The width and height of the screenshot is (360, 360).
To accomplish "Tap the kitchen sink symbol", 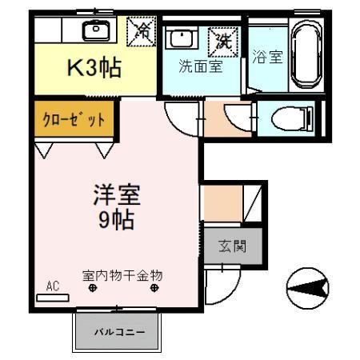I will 97,30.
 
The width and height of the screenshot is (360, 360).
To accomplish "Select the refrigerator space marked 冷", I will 144,31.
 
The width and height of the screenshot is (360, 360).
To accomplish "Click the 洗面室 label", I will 200,67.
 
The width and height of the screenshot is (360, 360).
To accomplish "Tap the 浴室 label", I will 267,58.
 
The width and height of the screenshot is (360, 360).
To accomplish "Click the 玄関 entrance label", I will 234,246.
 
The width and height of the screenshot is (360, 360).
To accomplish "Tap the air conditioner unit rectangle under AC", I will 53,296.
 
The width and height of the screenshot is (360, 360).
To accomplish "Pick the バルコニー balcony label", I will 119,330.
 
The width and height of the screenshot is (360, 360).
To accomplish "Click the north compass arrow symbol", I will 306,285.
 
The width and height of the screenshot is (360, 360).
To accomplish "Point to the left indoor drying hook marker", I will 93,289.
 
